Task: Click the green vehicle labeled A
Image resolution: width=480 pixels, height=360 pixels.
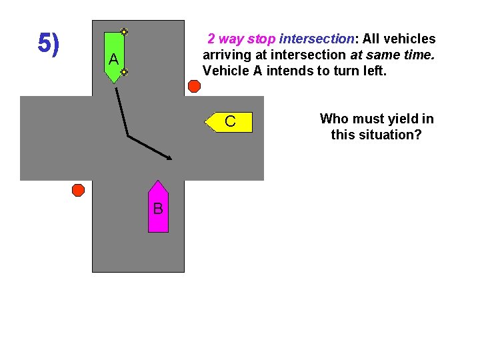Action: [x=114, y=57]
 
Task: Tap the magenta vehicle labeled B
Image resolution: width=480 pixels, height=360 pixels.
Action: [x=158, y=208]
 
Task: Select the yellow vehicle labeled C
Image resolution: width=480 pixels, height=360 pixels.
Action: [x=230, y=122]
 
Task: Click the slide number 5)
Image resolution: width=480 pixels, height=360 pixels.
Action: [x=48, y=43]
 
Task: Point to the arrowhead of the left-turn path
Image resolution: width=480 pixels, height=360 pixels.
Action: [x=169, y=158]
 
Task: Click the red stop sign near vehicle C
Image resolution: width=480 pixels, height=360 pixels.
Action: [x=194, y=86]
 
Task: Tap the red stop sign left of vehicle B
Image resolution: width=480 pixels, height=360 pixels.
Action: [x=78, y=190]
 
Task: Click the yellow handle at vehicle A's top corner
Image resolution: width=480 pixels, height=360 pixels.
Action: [x=124, y=31]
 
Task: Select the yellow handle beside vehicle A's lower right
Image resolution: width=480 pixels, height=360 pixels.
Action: [x=124, y=71]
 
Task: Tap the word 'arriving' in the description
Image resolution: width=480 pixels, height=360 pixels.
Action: [x=225, y=55]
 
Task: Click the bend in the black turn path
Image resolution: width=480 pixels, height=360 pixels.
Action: [x=127, y=137]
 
